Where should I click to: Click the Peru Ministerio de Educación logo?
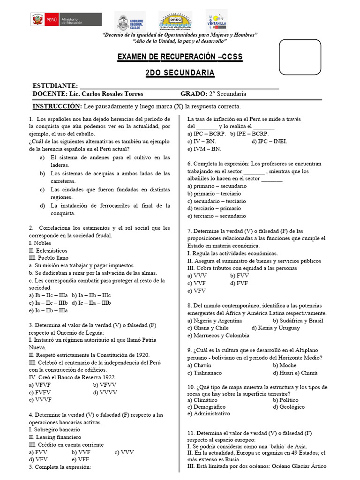click(56, 20)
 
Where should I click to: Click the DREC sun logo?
click(175, 22)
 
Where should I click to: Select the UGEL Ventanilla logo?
click(216, 21)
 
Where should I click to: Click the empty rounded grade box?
click(300, 57)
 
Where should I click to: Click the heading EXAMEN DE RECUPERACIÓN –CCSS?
click(180, 57)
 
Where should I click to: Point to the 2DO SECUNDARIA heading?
click(180, 73)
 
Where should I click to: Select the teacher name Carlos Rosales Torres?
click(102, 94)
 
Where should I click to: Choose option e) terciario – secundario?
click(216, 216)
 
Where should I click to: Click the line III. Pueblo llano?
click(48, 258)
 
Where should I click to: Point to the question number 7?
click(189, 231)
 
